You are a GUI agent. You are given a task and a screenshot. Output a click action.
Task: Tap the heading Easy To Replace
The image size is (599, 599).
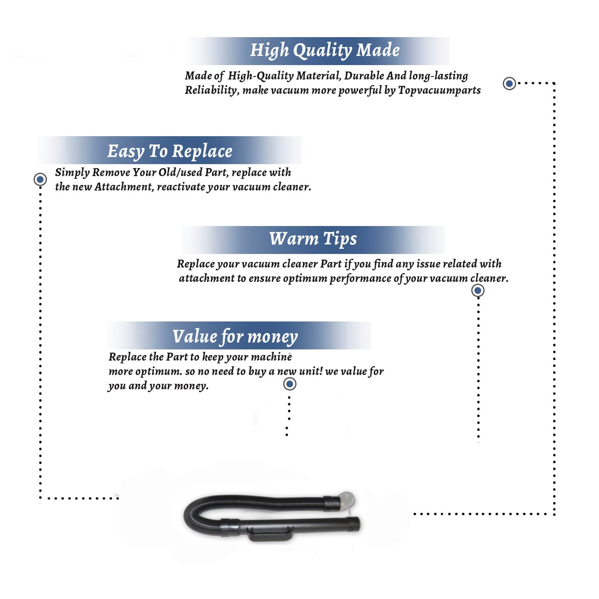[x=170, y=151]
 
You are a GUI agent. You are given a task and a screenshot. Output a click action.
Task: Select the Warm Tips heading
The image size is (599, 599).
[x=313, y=239]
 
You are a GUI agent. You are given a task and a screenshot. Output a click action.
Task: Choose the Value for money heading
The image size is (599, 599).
[x=235, y=336]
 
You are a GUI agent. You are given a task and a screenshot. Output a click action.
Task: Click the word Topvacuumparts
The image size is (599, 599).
[x=439, y=90]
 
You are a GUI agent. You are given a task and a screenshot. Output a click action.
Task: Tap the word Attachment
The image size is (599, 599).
[x=124, y=187]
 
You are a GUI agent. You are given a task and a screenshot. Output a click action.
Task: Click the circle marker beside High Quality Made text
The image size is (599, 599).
[x=509, y=83]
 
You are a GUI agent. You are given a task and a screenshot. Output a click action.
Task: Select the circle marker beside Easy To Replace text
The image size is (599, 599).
[x=40, y=179]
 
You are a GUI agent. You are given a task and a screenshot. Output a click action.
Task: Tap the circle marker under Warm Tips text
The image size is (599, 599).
[x=478, y=290]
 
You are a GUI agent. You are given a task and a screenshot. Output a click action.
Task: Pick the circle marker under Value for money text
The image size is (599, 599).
[x=290, y=384]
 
